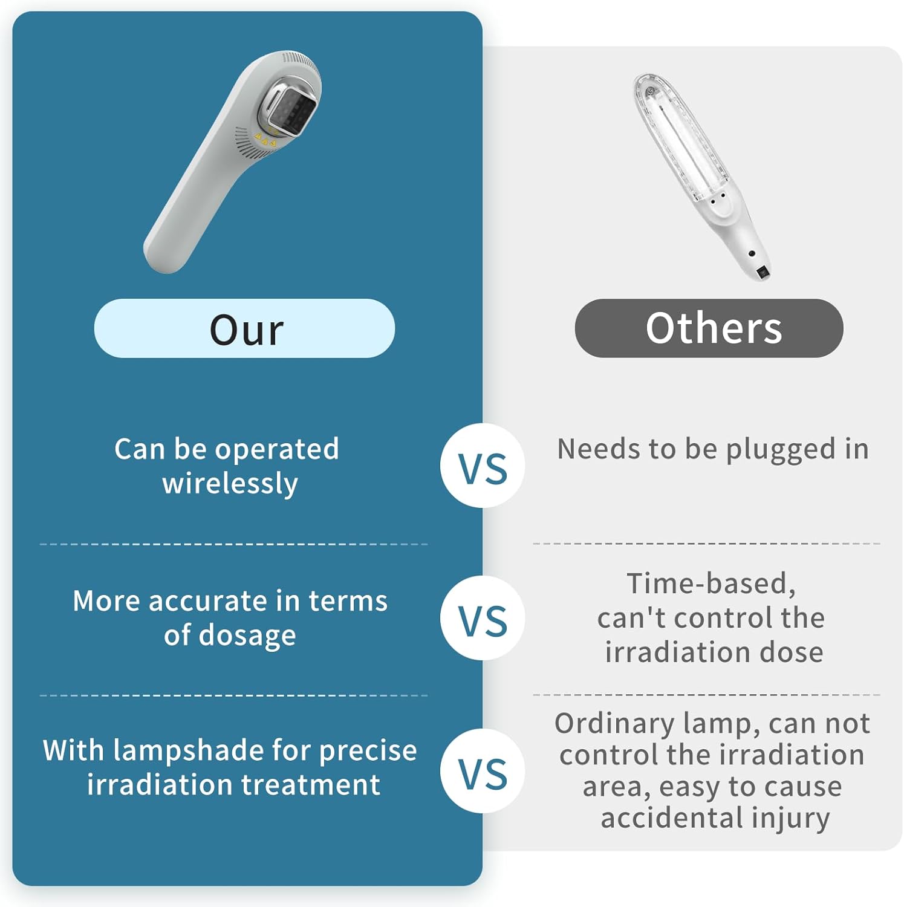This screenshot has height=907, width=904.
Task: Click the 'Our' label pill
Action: tap(244, 328)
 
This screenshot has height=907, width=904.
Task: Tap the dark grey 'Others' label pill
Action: tap(709, 328)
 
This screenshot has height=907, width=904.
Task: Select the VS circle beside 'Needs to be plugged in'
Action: tap(483, 466)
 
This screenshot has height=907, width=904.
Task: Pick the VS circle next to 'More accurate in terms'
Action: tap(483, 618)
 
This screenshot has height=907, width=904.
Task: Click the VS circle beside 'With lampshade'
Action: tap(483, 771)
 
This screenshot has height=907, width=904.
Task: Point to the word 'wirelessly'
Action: tap(230, 484)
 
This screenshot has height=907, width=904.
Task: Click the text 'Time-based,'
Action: tap(711, 584)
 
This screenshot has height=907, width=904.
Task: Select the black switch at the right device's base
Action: tap(763, 273)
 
